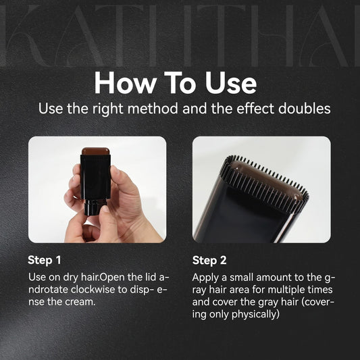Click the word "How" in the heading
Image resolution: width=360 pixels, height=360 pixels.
pyautogui.click(x=126, y=83)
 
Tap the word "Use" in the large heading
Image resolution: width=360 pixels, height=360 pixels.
pyautogui.click(x=231, y=83)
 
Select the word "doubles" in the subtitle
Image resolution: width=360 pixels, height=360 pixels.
pyautogui.click(x=305, y=108)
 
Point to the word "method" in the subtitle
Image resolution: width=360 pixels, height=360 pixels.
pyautogui.click(x=153, y=108)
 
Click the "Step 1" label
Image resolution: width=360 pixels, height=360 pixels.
pyautogui.click(x=45, y=260)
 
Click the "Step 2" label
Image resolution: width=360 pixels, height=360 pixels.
pyautogui.click(x=209, y=260)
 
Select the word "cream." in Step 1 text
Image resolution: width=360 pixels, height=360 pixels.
pyautogui.click(x=80, y=302)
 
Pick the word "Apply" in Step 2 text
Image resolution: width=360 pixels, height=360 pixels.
pyautogui.click(x=205, y=278)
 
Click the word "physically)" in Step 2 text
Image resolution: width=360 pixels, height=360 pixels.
pyautogui.click(x=255, y=314)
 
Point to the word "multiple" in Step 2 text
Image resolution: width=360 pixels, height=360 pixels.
pyautogui.click(x=286, y=290)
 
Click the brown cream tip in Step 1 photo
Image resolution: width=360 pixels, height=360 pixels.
pyautogui.click(x=95, y=151)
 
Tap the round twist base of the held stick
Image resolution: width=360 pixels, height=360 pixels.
pyautogui.click(x=95, y=207)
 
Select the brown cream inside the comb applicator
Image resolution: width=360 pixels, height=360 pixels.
pyautogui.click(x=266, y=180)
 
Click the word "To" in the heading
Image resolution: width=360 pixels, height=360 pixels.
pyautogui.click(x=181, y=83)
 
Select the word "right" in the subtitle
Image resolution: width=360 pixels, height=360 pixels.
pyautogui.click(x=108, y=109)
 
